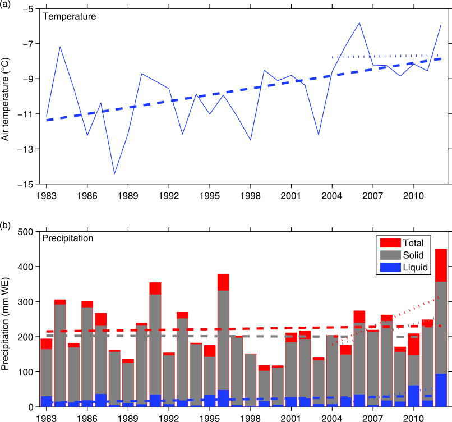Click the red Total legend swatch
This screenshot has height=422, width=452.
389,243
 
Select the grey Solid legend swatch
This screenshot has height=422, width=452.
389,256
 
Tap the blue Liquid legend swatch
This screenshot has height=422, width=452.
389,269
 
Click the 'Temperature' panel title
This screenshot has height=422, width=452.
70,16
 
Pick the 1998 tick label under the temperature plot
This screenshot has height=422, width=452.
251,196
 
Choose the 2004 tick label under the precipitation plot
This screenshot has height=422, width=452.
333,418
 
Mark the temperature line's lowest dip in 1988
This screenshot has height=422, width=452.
114,173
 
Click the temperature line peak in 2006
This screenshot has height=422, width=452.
359,23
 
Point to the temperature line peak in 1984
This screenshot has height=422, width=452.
60,47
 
